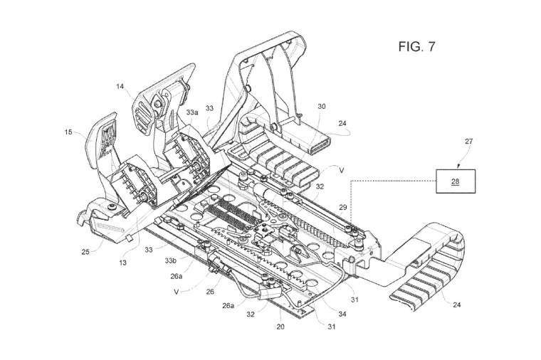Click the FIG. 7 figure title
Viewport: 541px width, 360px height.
point(416,47)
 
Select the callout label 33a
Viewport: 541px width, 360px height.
point(191,112)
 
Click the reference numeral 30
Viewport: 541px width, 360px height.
point(321,106)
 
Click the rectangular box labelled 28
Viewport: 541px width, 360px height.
point(456,181)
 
